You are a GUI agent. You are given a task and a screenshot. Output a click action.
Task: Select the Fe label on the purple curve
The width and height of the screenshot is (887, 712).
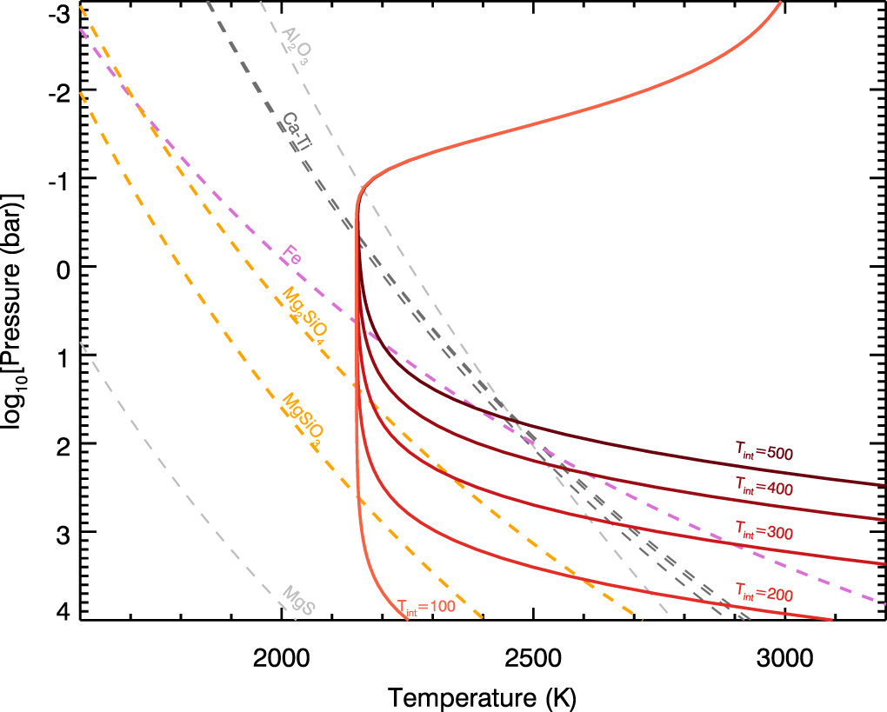[291, 257]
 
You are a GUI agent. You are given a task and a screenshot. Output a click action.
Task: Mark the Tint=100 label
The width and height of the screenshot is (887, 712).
[426, 606]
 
